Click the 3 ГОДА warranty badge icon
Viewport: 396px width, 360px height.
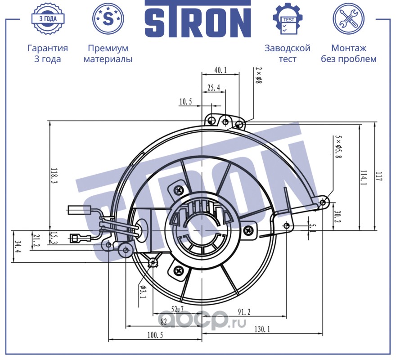click(48, 19)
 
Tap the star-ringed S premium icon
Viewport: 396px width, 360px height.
click(108, 19)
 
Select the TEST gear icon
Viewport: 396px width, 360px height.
click(288, 19)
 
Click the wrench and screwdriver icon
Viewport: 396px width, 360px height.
click(348, 19)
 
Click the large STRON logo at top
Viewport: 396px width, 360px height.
click(198, 19)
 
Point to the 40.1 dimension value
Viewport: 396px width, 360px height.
click(220, 70)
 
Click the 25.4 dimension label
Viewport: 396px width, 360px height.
click(214, 88)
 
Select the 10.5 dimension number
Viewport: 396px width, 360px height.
click(185, 102)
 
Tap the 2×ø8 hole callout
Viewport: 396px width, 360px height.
click(259, 75)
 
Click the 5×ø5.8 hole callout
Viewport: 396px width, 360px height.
click(338, 147)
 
